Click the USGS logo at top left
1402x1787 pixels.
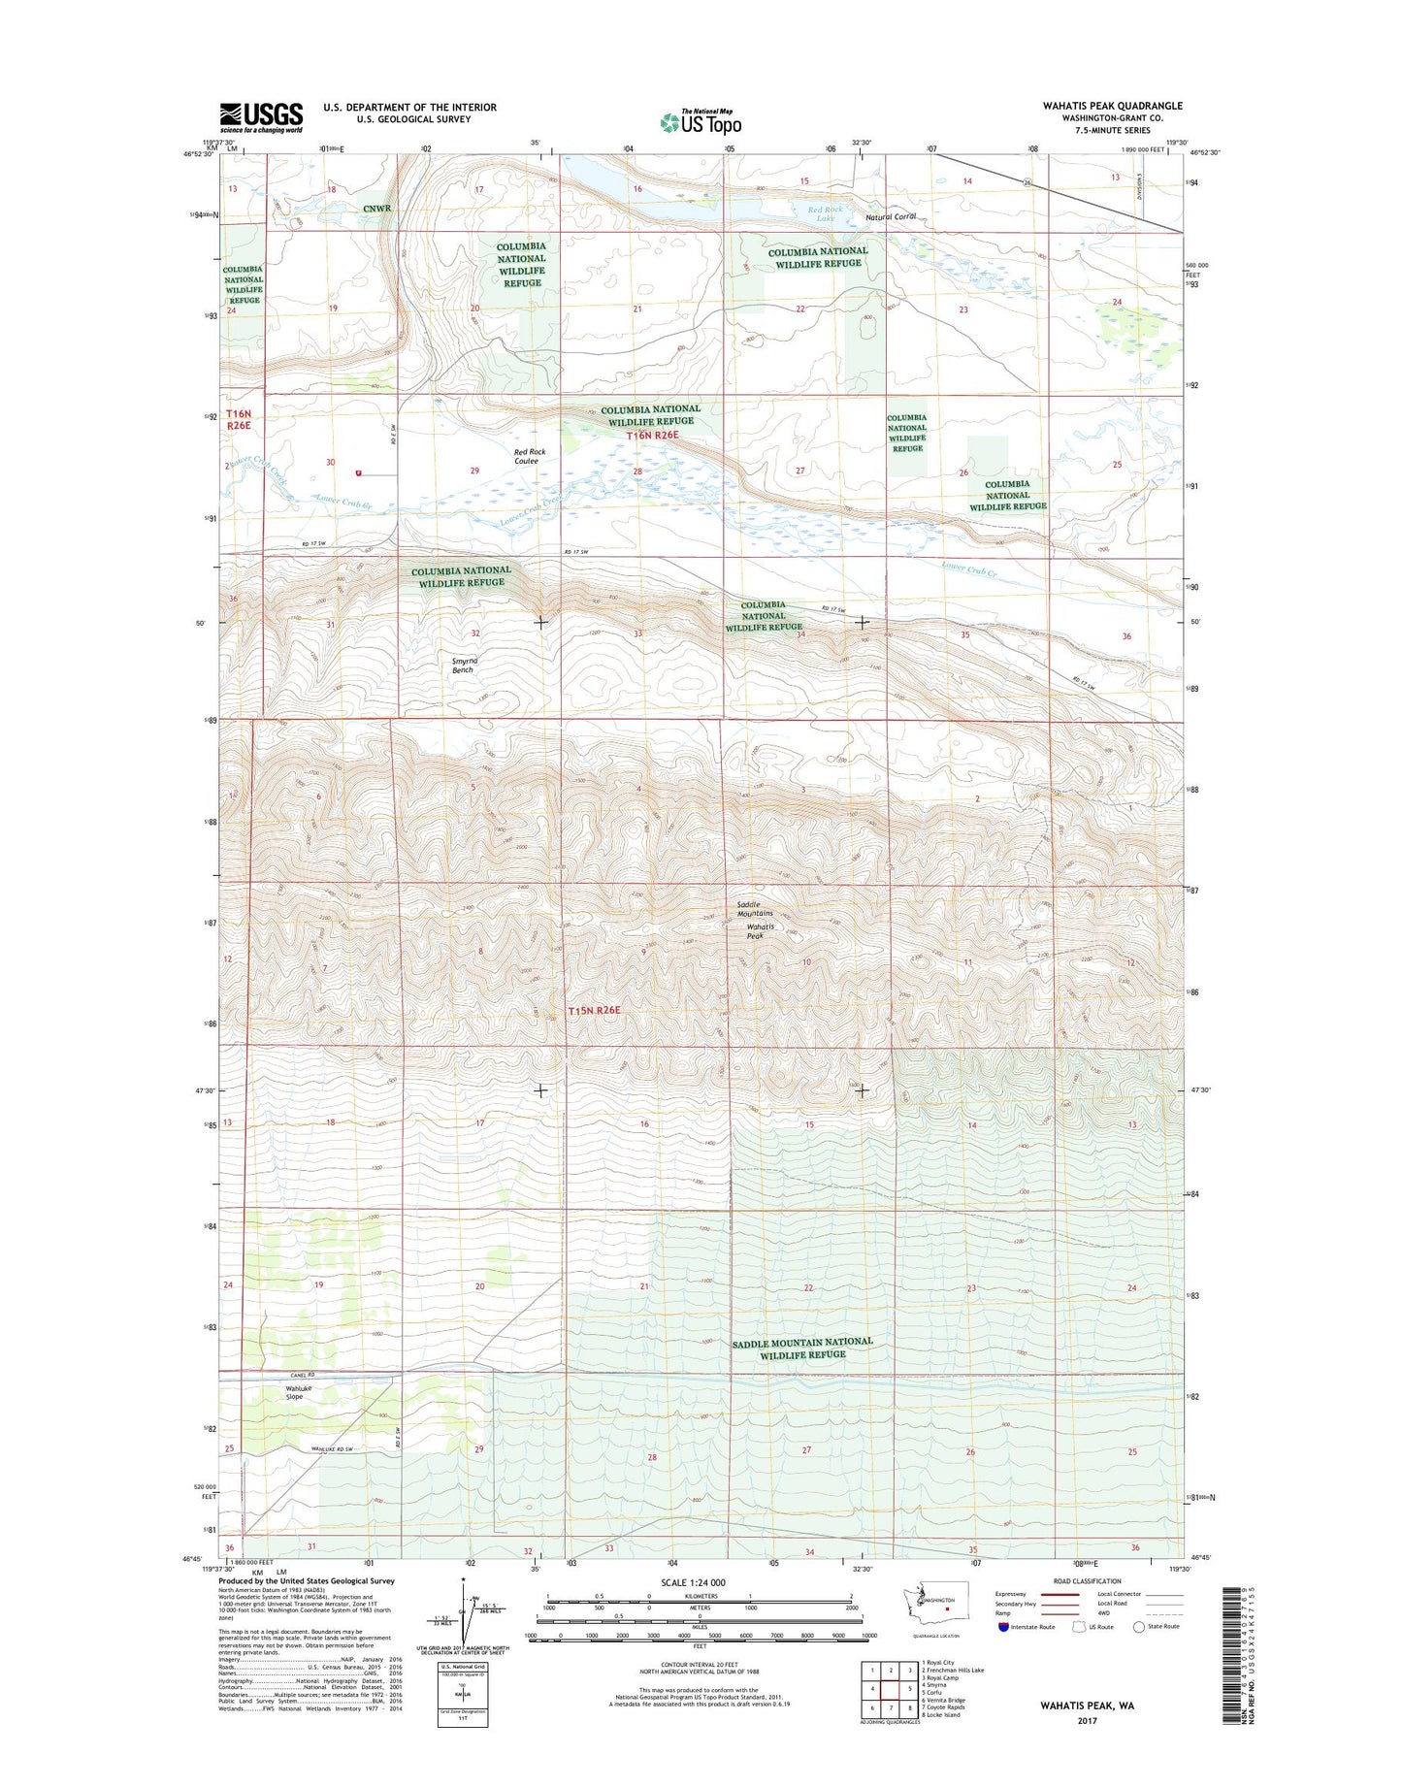pos(261,117)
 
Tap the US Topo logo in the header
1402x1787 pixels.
pos(701,121)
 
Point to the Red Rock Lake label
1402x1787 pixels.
pos(825,213)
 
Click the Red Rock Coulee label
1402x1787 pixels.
pos(530,456)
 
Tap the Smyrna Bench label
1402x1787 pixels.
pos(464,666)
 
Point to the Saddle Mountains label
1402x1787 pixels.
pos(755,909)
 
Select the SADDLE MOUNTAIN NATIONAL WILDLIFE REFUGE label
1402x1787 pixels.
pos(802,1348)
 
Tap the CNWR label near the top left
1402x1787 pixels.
pos(377,209)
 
